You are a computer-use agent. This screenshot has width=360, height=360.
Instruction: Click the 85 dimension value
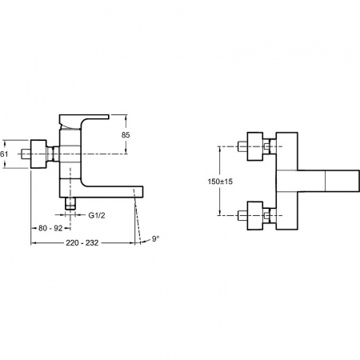(x=126, y=135)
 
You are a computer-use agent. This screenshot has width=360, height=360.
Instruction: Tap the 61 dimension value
(x=4, y=154)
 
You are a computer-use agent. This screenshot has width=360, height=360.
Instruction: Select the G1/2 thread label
(x=97, y=215)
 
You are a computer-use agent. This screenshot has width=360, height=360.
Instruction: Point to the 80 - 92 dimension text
(x=50, y=228)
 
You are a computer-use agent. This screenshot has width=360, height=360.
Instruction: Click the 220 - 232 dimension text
(x=82, y=243)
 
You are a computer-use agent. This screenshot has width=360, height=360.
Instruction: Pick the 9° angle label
(x=155, y=238)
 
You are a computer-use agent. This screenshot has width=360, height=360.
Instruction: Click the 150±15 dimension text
(x=220, y=182)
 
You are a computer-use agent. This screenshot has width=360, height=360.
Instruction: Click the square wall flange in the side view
(x=38, y=154)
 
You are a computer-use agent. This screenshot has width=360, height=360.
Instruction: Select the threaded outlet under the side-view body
(x=70, y=204)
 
